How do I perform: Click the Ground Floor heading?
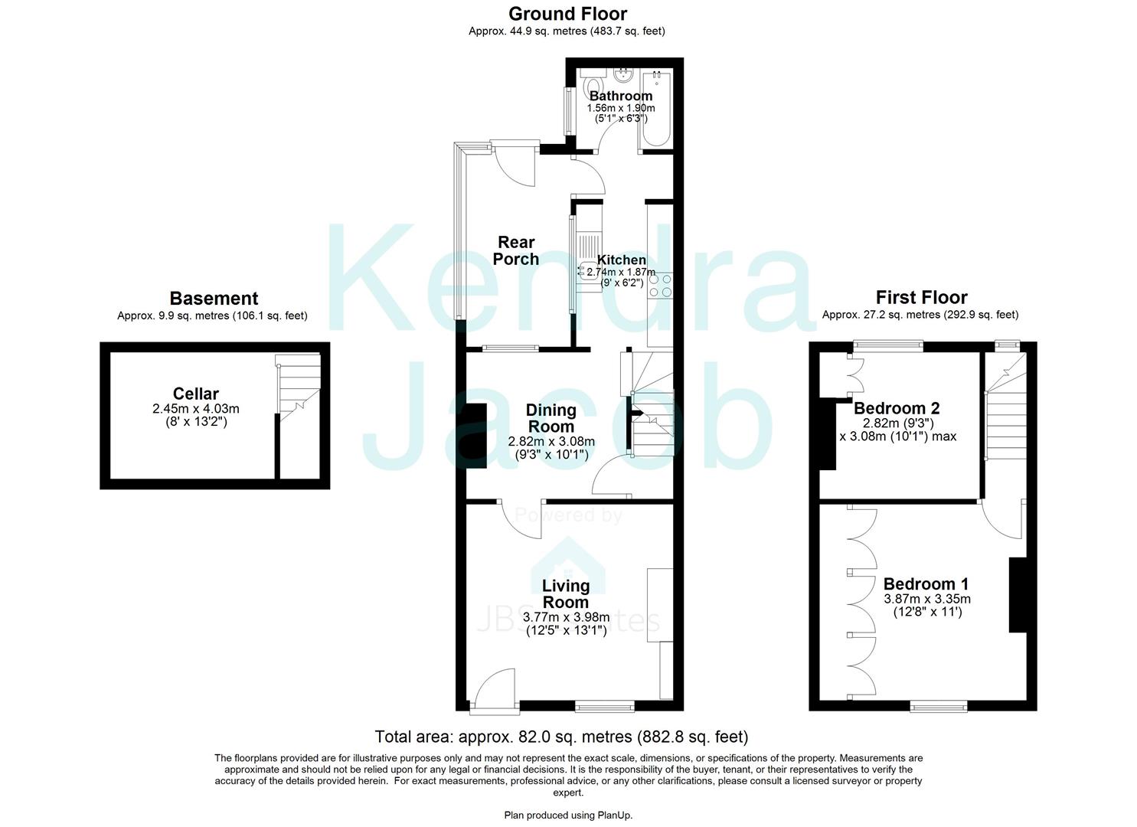tap(567, 14)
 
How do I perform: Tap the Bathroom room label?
tap(620, 96)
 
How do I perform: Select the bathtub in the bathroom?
tap(657, 110)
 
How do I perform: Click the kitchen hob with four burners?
tap(660, 286)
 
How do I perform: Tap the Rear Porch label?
tap(515, 251)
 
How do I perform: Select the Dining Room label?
tap(551, 419)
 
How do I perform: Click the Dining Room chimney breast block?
tap(476, 436)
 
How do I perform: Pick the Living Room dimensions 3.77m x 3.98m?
tap(566, 617)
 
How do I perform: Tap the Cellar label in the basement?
tap(196, 394)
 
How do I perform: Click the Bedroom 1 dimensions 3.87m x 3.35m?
tap(926, 599)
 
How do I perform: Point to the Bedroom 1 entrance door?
tap(1004, 520)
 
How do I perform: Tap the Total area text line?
tap(561, 737)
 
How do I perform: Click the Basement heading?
tap(214, 299)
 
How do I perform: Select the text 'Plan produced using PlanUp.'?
tap(568, 815)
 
